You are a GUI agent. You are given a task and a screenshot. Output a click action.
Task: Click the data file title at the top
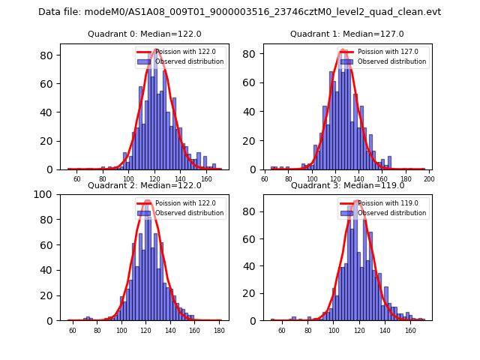239,12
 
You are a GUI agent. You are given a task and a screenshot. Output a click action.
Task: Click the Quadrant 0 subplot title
143,34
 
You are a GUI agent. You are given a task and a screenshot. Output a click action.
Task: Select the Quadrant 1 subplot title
346,34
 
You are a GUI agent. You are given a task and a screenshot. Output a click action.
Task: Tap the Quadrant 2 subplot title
144,185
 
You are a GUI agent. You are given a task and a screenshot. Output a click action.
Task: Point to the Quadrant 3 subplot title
346,185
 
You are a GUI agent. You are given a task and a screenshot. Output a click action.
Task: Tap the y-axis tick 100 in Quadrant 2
46,194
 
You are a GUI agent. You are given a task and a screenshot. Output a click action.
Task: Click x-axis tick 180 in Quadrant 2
219,330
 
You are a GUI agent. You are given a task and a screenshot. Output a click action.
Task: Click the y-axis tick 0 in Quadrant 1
256,169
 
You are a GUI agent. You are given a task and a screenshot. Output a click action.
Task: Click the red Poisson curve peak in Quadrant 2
147,200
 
